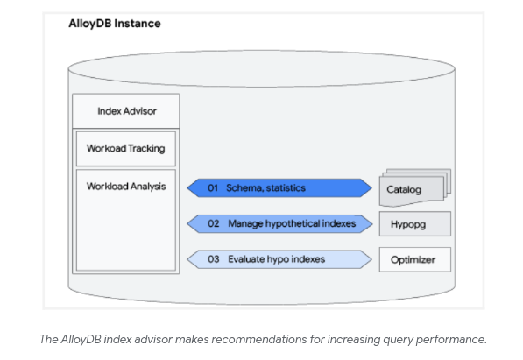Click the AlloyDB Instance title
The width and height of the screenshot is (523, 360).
(x=115, y=24)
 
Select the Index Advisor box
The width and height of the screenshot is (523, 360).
(x=126, y=111)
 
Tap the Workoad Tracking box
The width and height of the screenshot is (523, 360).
(x=126, y=149)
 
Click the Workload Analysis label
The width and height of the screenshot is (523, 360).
(x=126, y=187)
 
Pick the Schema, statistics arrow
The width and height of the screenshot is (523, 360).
(x=279, y=187)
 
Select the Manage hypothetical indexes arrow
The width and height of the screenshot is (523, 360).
(x=279, y=223)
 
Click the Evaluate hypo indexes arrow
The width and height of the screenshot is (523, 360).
(x=279, y=259)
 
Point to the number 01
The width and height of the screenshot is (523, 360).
(x=213, y=187)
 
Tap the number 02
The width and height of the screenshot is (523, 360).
(x=214, y=223)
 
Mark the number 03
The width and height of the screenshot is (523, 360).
(x=214, y=259)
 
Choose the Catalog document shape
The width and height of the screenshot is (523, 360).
(x=415, y=187)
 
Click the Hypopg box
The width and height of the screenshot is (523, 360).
(x=415, y=224)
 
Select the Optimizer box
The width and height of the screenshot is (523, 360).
(x=415, y=259)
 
